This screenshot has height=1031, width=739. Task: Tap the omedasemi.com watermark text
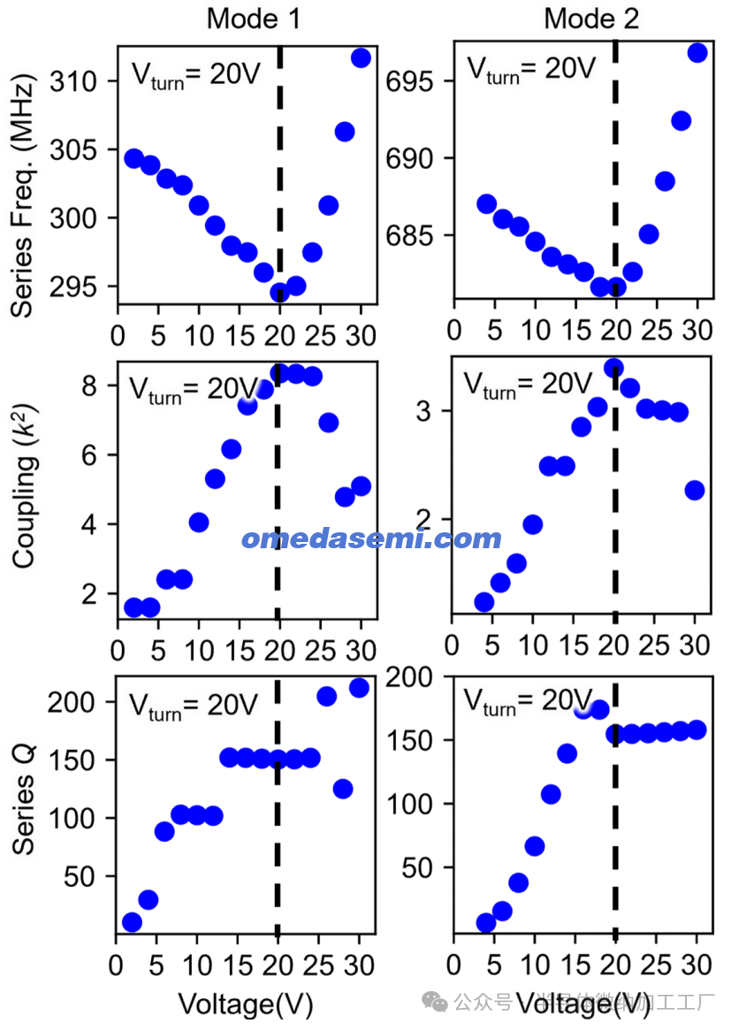[x=371, y=538]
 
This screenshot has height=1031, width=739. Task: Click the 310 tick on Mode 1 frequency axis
[x=77, y=82]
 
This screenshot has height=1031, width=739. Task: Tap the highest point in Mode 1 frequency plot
[x=361, y=58]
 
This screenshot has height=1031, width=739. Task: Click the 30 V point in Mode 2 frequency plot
[x=697, y=53]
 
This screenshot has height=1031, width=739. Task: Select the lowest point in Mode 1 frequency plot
[x=280, y=293]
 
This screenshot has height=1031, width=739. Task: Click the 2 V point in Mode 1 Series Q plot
[x=133, y=922]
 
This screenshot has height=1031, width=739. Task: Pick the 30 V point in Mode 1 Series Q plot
[x=359, y=688]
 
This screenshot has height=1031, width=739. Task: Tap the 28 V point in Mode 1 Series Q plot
[x=343, y=789]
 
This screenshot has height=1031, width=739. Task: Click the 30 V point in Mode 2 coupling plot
[x=695, y=491]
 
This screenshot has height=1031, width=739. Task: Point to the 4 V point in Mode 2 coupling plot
[x=484, y=602]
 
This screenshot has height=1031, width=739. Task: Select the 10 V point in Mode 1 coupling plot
[x=199, y=523]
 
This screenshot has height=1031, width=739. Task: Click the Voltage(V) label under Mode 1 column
[x=246, y=1004]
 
